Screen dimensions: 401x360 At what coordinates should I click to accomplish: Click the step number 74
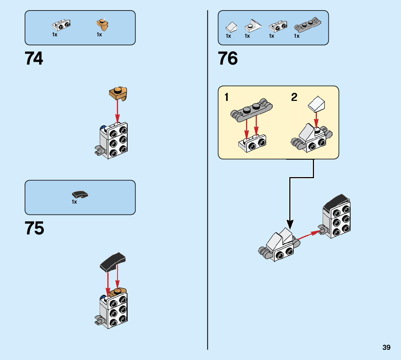34,58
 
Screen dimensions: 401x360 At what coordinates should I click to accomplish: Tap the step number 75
34,229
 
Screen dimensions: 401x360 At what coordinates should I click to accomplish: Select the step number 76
228,58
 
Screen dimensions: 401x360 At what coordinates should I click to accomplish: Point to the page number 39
386,347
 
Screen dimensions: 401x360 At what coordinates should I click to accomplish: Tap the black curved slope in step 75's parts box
80,195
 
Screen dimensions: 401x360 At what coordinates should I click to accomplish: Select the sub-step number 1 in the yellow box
227,97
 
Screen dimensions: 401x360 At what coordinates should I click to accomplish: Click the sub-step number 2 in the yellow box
294,97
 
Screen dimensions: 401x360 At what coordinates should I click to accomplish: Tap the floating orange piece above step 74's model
119,93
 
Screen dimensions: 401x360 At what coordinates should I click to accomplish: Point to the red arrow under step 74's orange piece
117,111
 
